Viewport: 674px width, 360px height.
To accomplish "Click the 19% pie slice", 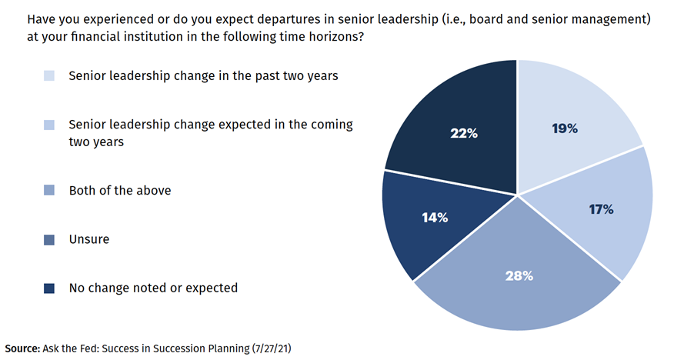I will (x=569, y=115).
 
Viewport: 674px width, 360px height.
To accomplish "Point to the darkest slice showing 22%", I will (x=454, y=123).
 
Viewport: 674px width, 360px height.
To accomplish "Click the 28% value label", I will (x=519, y=275).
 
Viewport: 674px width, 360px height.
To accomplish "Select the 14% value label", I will (x=435, y=218).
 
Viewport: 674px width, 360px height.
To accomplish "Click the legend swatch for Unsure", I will (x=50, y=239).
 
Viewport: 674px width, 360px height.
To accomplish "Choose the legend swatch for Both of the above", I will (x=50, y=190).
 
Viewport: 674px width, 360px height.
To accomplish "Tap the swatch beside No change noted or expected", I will (x=50, y=288).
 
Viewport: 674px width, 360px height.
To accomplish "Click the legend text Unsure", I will (x=89, y=239).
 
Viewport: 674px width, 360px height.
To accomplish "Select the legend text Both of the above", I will (x=120, y=190).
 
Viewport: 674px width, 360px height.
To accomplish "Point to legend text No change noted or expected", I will (x=153, y=288).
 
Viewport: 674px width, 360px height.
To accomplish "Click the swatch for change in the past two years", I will (x=50, y=76).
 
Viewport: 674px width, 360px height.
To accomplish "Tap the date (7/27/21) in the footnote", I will (x=271, y=348).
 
